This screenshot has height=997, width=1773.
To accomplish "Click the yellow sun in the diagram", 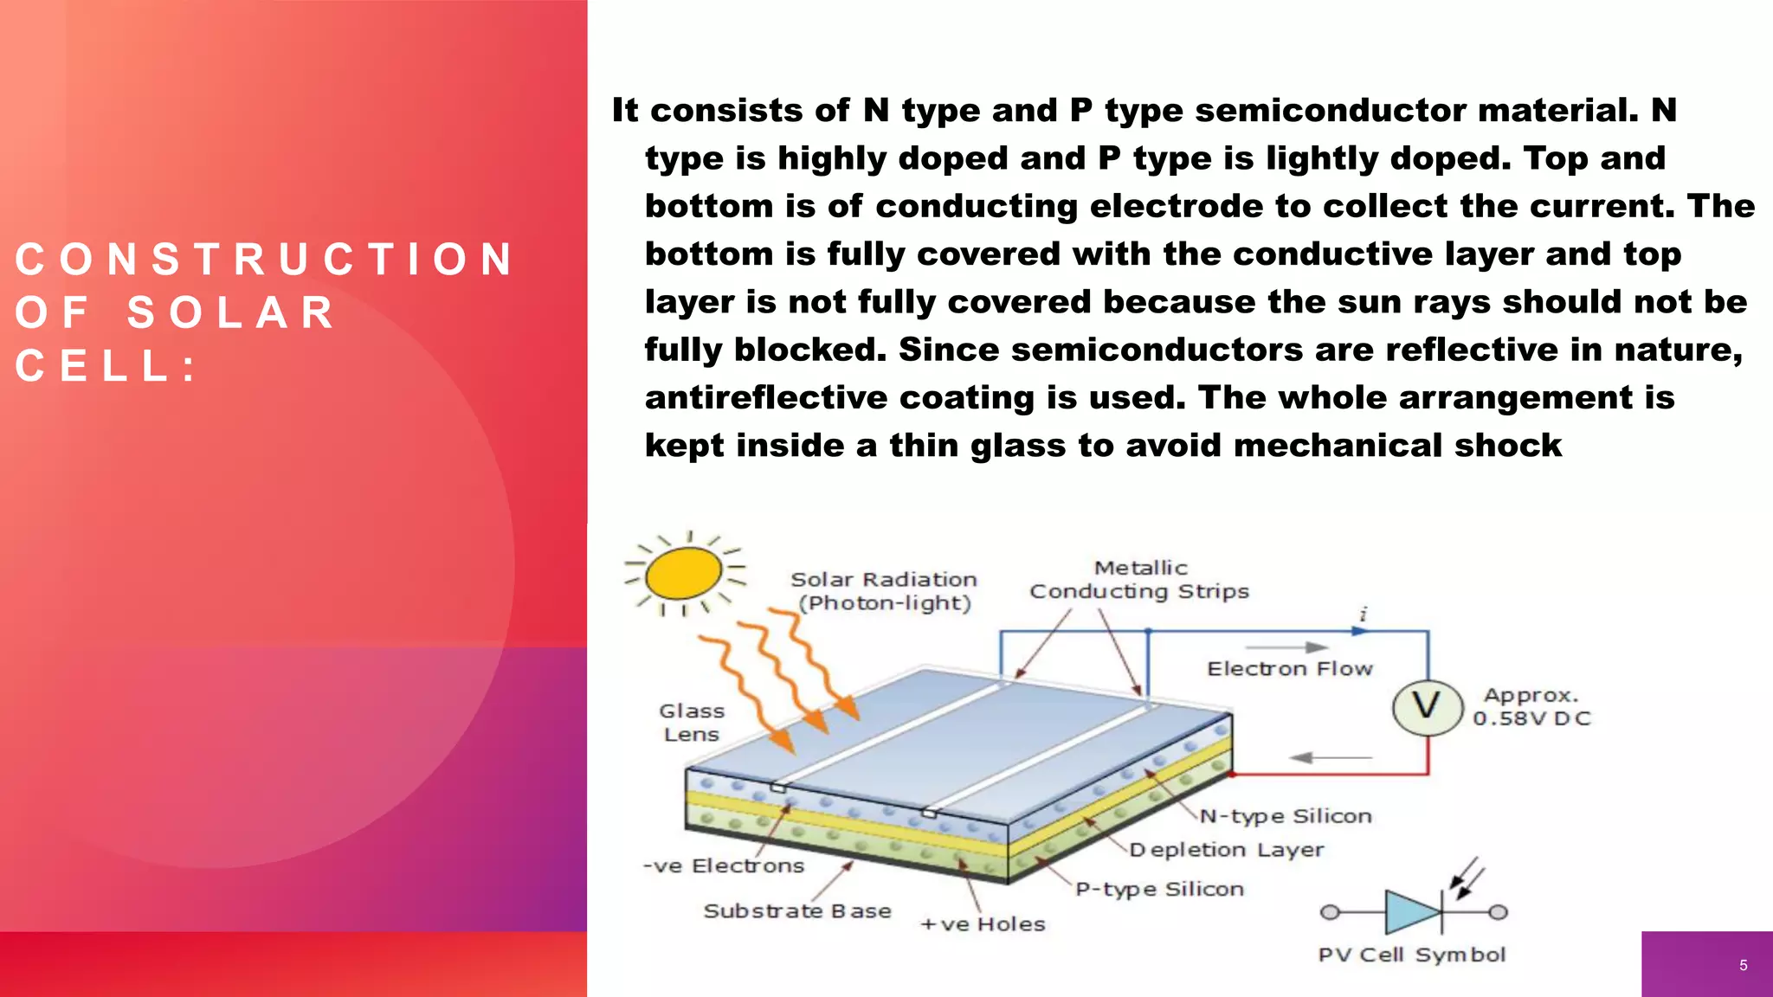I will click(684, 573).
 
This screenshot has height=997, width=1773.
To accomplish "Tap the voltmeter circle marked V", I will click(1427, 707).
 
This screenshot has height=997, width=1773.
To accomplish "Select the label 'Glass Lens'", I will click(692, 723).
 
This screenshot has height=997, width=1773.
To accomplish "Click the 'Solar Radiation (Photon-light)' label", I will click(884, 591).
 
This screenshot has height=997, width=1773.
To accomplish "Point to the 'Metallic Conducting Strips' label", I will click(1139, 580).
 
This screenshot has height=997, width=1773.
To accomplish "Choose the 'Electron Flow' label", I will click(1290, 669).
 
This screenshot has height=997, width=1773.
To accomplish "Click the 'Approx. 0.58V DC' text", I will click(1531, 707).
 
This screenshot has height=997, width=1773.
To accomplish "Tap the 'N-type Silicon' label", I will click(1286, 816).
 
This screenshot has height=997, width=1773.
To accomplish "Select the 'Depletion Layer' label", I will click(1227, 850).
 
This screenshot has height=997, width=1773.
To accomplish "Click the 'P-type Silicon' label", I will click(1159, 889).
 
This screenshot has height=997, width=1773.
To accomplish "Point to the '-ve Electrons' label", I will click(724, 865).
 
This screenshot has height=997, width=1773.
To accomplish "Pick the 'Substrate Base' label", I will click(797, 910).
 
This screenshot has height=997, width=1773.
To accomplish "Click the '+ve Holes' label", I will click(983, 924).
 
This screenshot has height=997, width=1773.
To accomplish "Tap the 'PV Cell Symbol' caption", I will click(1412, 955).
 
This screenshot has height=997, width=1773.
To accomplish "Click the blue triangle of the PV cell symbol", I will click(1411, 912).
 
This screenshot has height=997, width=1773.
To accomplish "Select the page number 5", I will click(1743, 965).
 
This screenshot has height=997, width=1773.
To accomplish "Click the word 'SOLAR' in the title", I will click(231, 312).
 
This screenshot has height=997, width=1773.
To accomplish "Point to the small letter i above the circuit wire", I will click(1364, 614).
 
